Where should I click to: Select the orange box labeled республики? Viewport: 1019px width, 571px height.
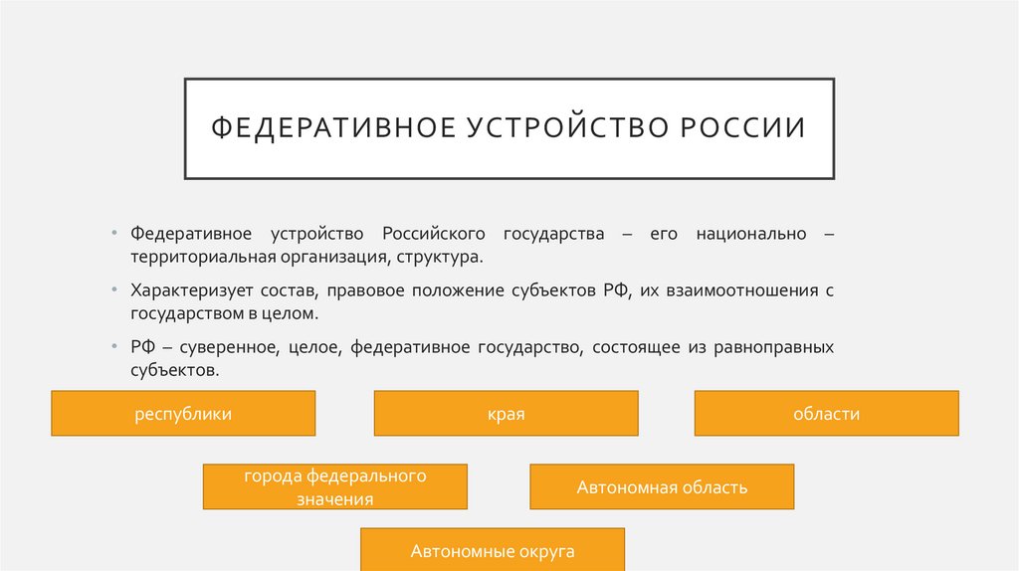pos(183,414)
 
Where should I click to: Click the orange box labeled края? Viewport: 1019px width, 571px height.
pos(506,414)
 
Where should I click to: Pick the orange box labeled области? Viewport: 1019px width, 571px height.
pos(826,414)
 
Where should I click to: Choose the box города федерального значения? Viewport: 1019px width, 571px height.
pos(334,487)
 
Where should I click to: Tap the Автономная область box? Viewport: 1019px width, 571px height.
pos(662,487)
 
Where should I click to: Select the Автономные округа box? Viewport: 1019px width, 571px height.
pos(493,550)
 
